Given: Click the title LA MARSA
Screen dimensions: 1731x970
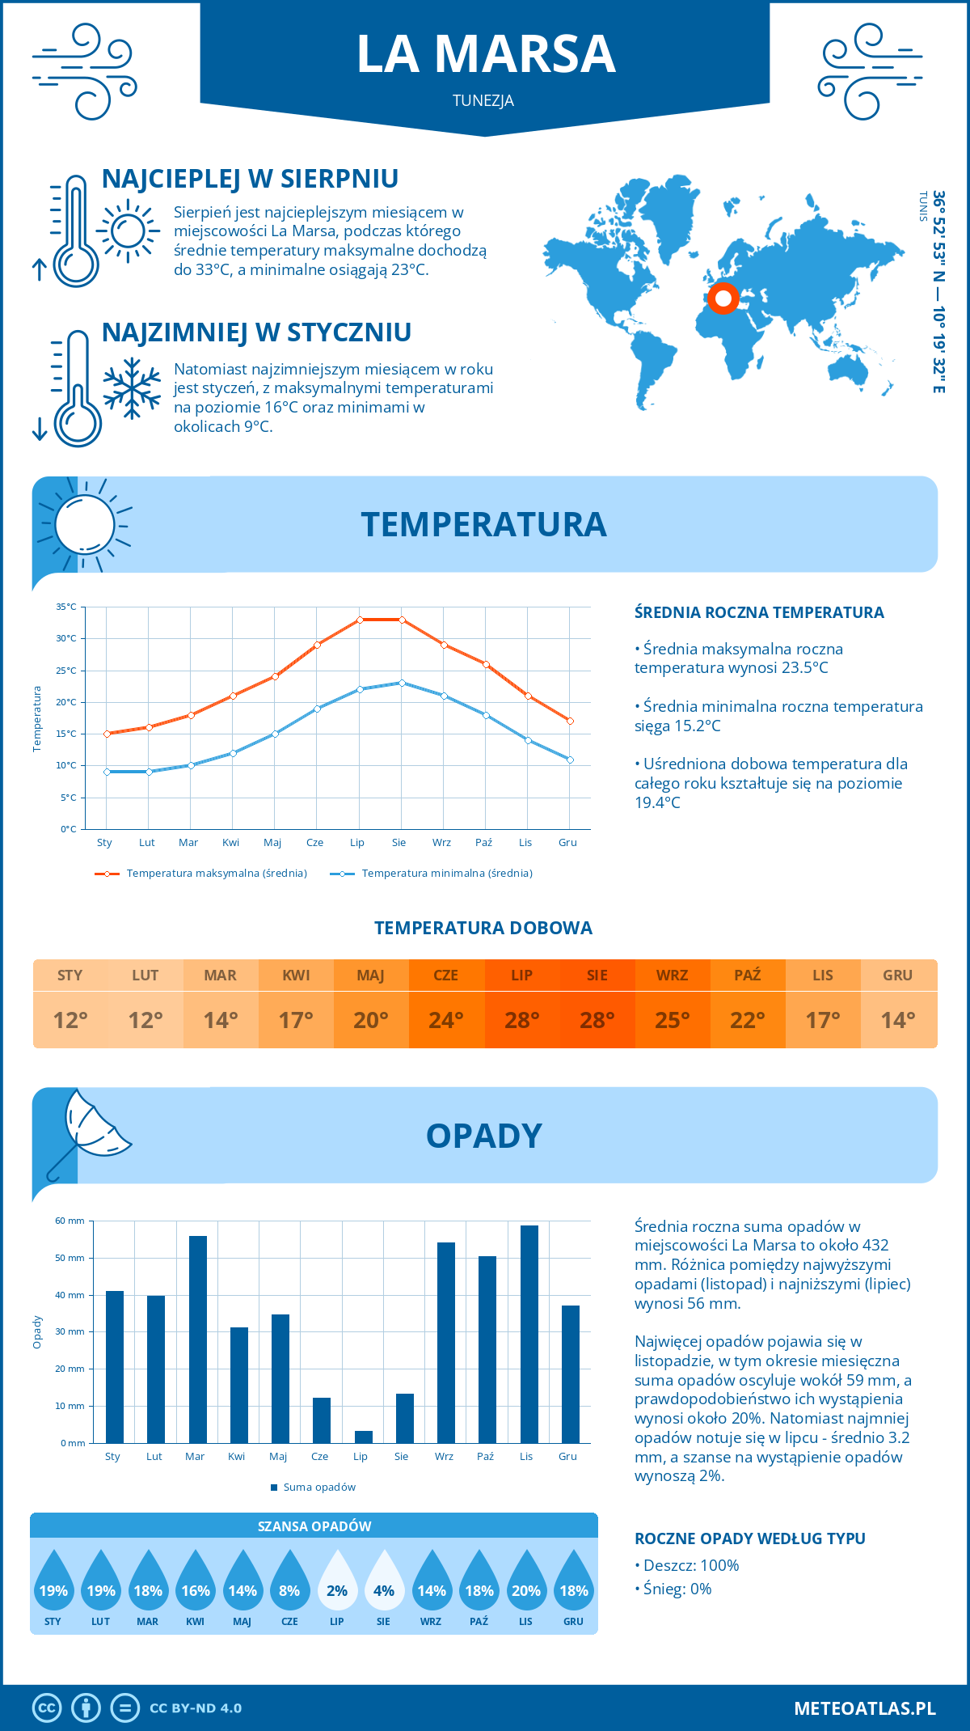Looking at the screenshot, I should [486, 54].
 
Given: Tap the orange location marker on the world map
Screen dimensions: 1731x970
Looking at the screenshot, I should [723, 298].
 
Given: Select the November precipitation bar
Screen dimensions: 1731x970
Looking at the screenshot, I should [529, 1334].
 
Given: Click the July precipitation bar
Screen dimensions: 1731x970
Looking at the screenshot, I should [364, 1437].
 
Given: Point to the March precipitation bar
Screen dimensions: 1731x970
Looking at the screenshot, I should [197, 1339].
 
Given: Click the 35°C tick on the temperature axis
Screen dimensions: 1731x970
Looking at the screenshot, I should [66, 607].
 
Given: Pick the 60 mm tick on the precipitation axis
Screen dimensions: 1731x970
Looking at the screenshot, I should [70, 1221].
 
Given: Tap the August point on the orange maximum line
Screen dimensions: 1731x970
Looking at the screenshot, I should [402, 620].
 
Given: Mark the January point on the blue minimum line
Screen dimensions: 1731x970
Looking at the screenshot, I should [107, 772].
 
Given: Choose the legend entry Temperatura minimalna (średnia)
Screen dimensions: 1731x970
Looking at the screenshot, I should [446, 874].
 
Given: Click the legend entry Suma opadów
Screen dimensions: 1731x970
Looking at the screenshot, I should [318, 1487].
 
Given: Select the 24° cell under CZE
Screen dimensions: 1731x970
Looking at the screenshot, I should [446, 1020].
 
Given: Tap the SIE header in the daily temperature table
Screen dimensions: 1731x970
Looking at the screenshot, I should [597, 976].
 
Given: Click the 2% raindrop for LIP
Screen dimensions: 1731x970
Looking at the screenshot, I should [337, 1581].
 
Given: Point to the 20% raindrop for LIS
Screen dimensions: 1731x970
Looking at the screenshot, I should [526, 1581].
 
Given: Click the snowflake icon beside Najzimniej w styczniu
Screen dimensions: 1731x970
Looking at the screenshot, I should [132, 387].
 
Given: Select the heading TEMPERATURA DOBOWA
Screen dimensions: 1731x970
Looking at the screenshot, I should [483, 928].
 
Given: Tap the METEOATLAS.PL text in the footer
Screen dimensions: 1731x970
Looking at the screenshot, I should [864, 1708].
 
